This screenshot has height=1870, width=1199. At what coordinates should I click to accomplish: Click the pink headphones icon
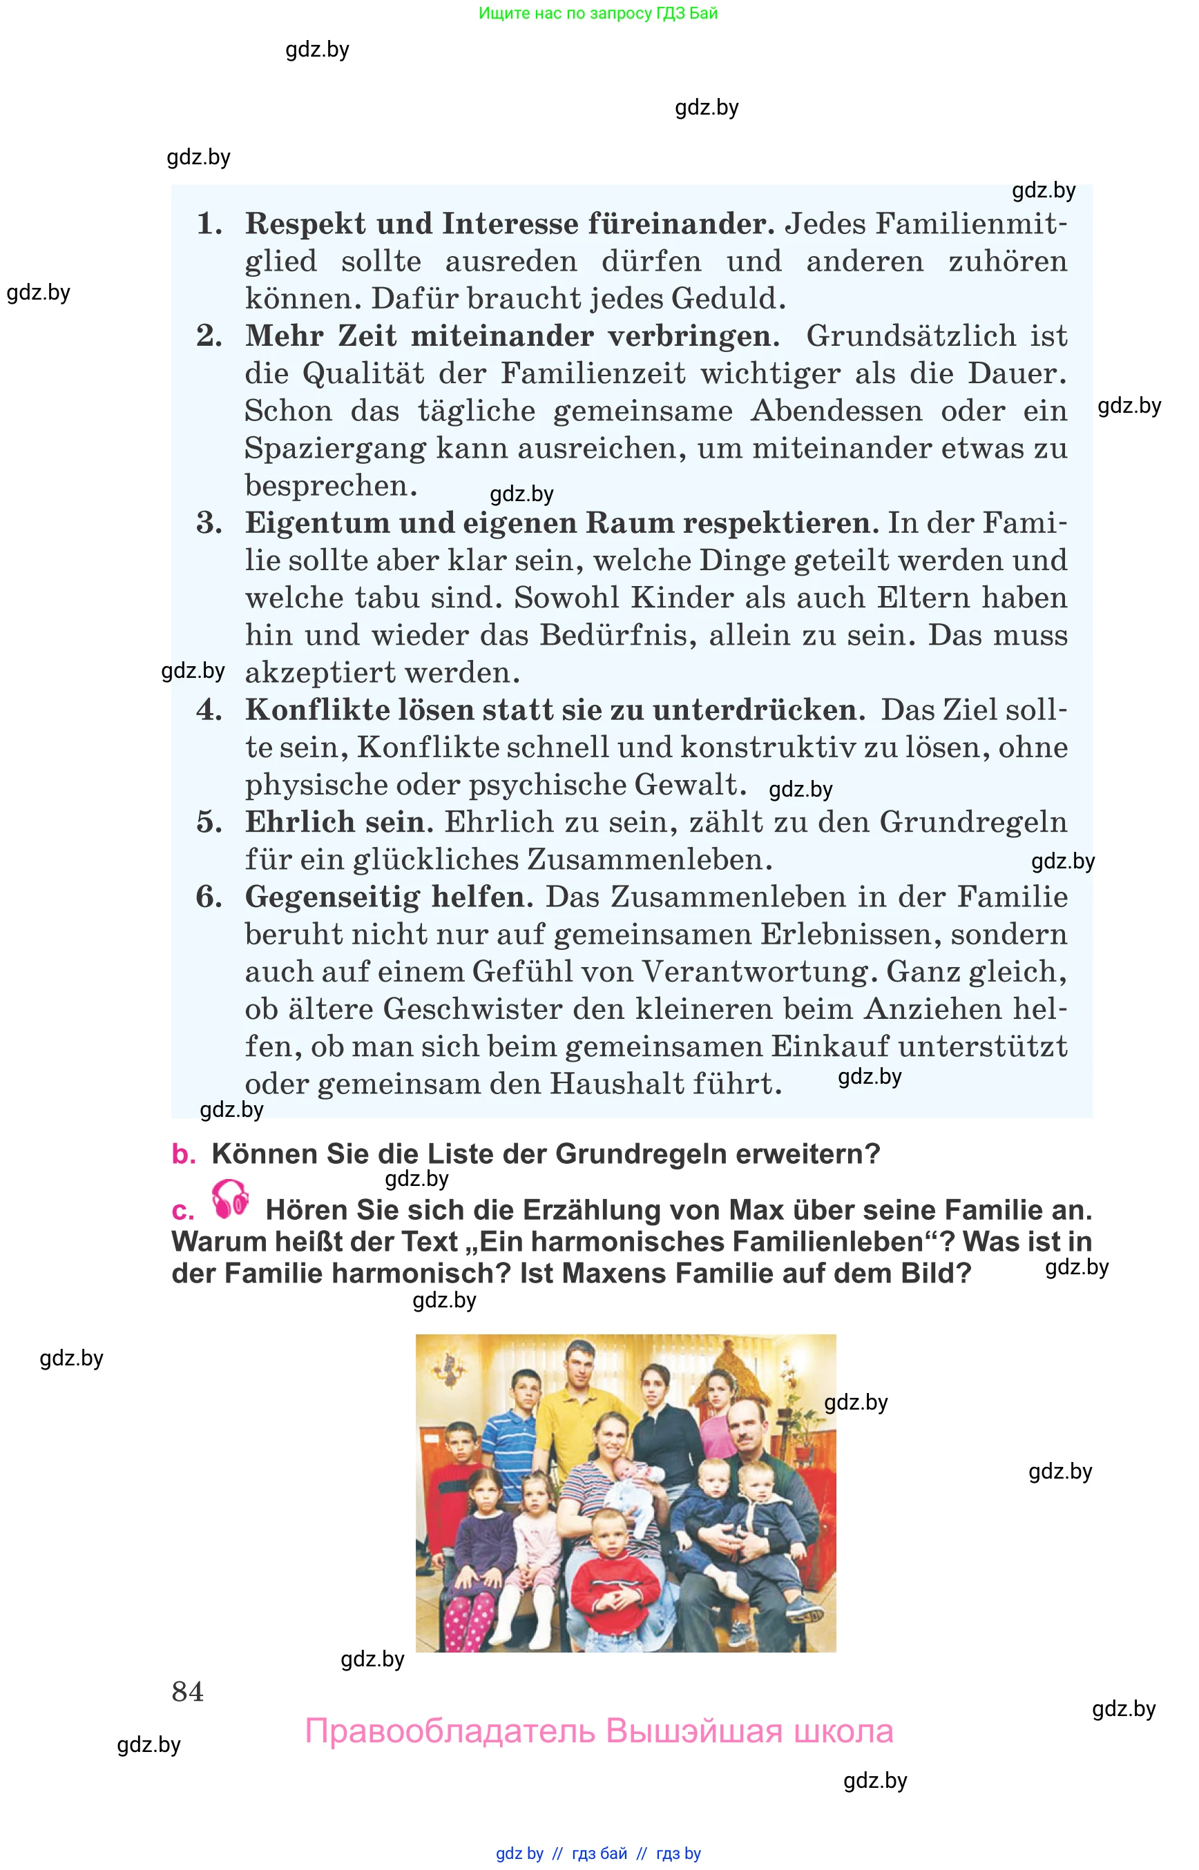[231, 1199]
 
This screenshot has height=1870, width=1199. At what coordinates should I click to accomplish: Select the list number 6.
[209, 897]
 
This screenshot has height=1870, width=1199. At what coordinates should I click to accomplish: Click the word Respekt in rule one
[305, 224]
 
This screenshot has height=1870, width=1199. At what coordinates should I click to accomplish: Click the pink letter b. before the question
[183, 1154]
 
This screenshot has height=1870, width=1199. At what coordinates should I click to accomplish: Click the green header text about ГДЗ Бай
[598, 13]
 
